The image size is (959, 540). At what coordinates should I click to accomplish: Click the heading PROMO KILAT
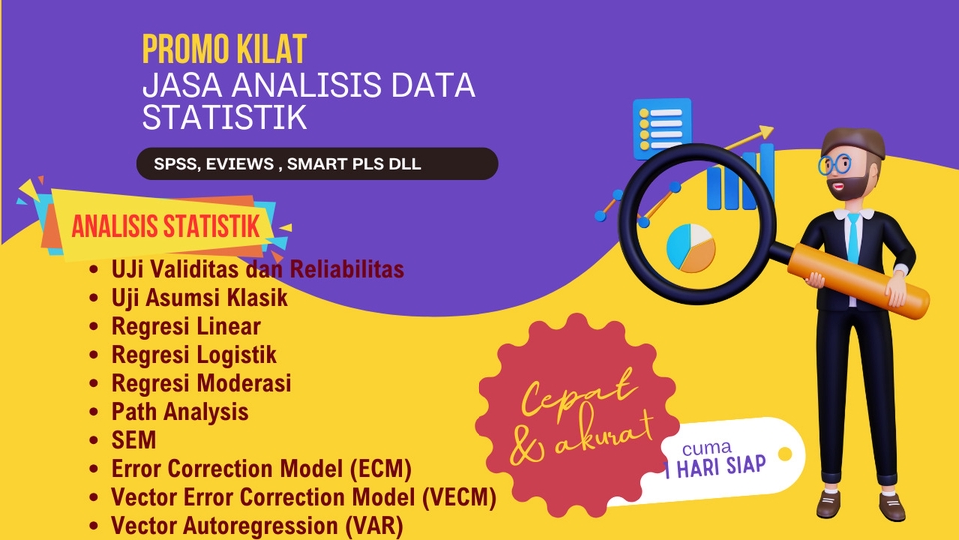223,48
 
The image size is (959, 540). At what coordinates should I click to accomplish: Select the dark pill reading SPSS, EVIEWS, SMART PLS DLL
317,164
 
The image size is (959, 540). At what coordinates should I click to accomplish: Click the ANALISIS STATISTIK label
165,226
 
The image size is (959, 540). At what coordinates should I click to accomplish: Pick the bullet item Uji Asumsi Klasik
199,297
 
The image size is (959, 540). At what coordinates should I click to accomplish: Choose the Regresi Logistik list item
194,354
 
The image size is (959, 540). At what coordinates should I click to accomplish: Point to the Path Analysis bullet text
180,411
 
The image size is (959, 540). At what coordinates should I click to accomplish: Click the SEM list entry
134,440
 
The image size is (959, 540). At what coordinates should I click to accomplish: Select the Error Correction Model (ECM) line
261,468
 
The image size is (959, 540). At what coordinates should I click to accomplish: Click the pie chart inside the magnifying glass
690,246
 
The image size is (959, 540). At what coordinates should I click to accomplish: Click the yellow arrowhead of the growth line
765,131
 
